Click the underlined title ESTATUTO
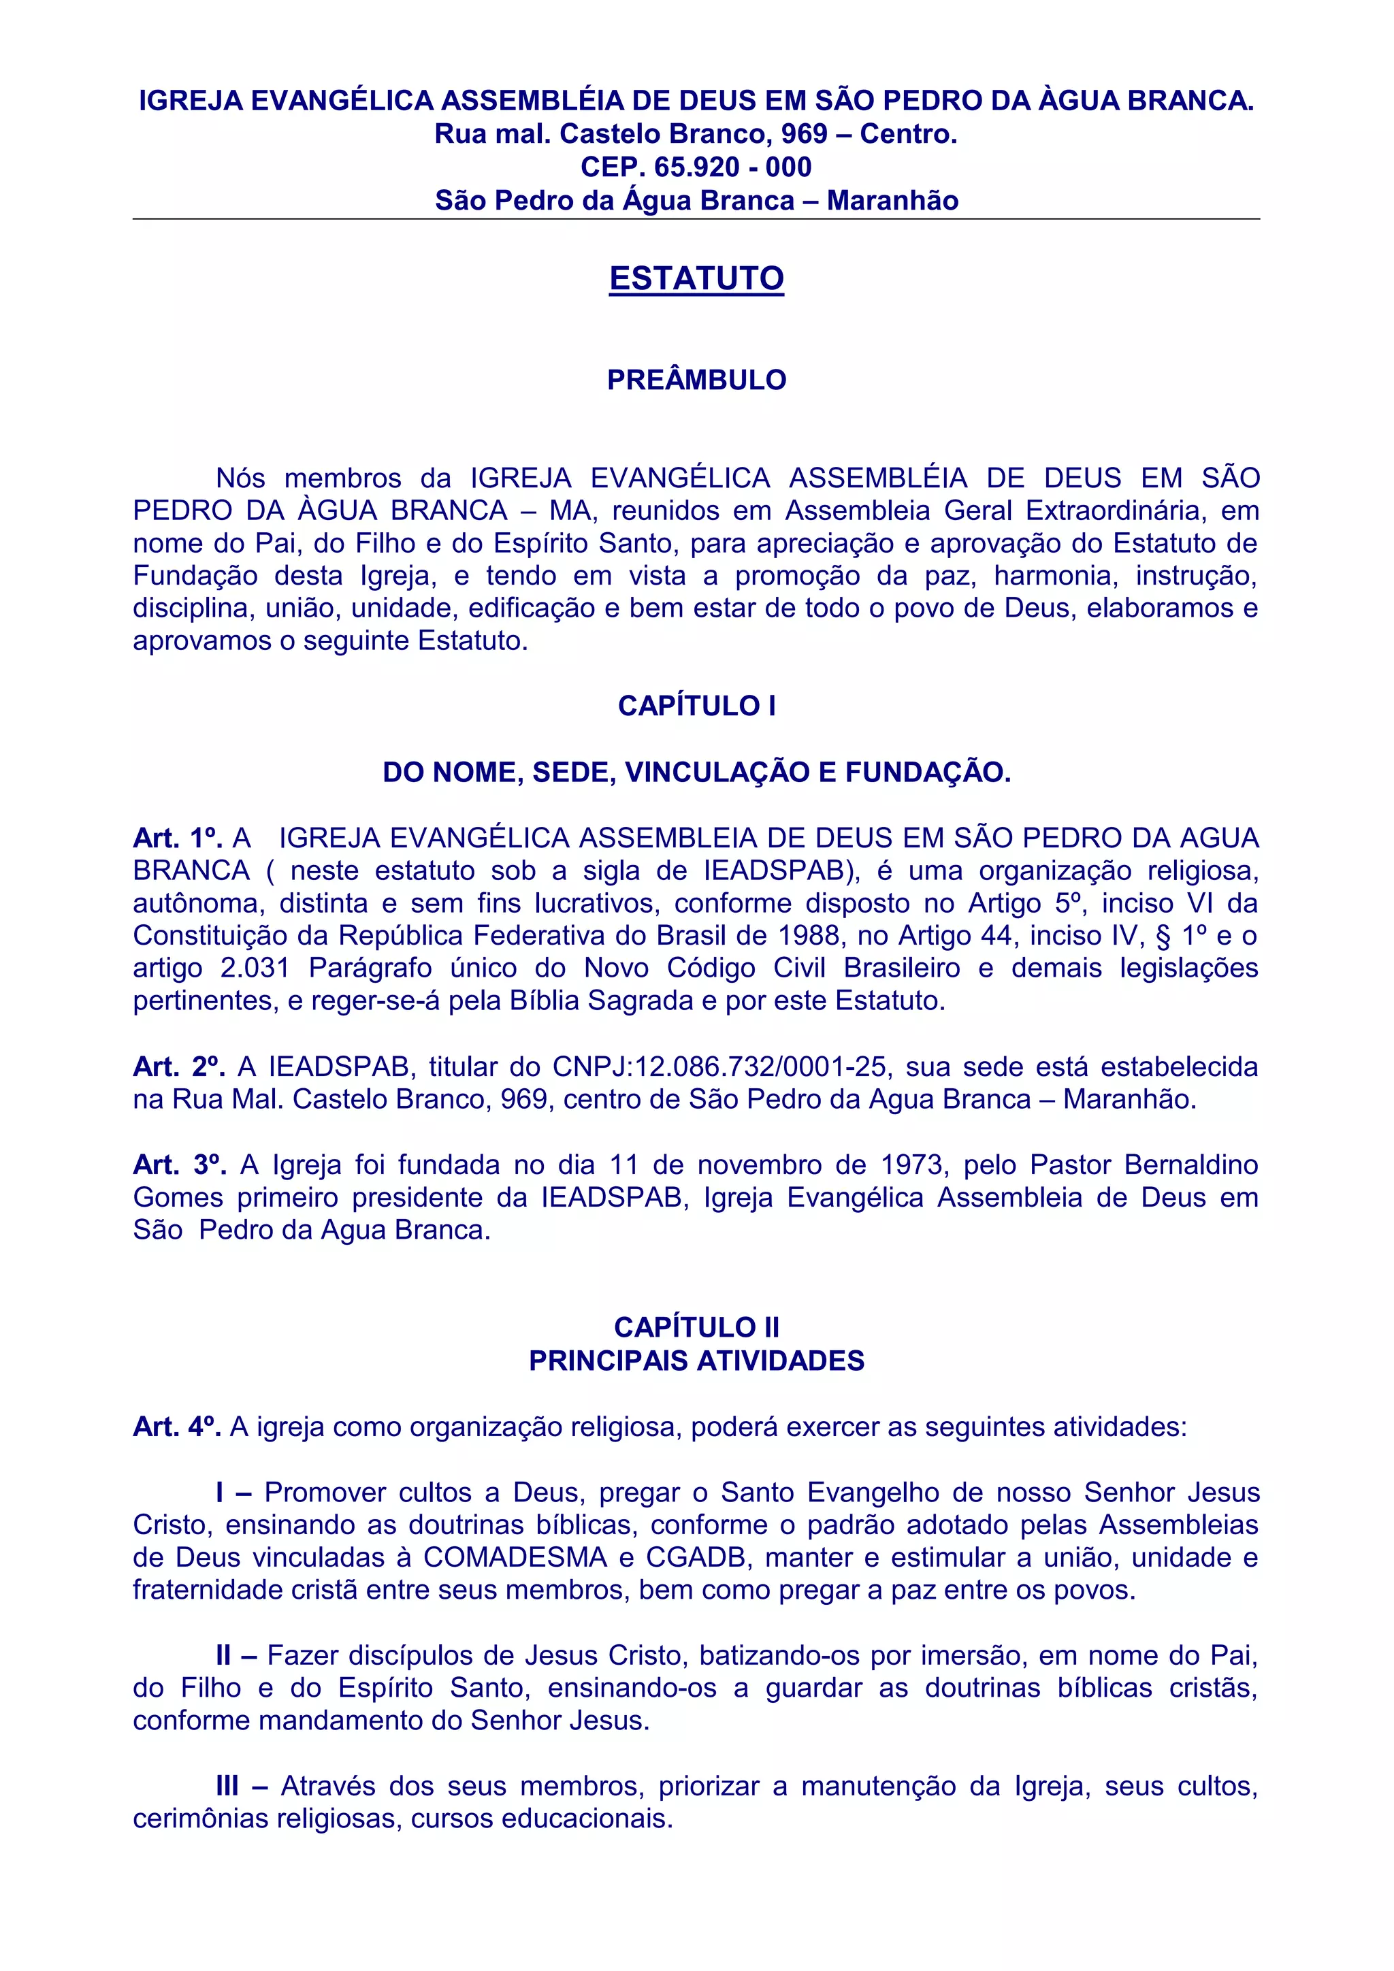click(x=696, y=278)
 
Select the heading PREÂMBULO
click(x=696, y=380)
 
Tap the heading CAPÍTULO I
click(x=696, y=706)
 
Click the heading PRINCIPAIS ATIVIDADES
click(x=696, y=1361)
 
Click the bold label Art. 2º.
click(x=178, y=1067)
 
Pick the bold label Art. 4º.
click(x=177, y=1427)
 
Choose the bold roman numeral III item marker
click(x=227, y=1787)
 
